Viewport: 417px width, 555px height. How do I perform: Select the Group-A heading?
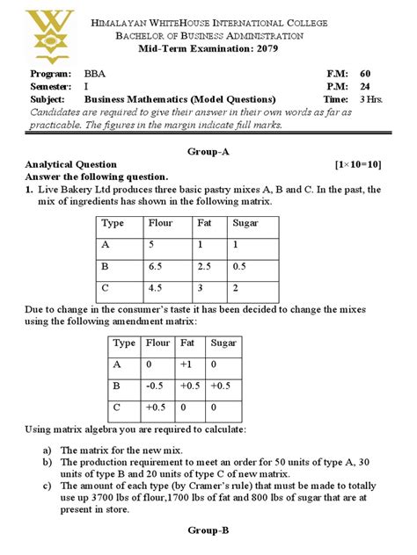tap(208, 151)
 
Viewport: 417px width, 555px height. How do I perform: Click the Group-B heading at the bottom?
tap(208, 530)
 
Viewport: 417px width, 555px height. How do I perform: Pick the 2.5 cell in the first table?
tap(206, 265)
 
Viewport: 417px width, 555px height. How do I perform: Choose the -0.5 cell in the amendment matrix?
tap(155, 385)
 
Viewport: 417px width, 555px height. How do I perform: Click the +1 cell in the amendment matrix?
tap(190, 364)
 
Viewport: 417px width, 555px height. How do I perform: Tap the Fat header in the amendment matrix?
tap(188, 342)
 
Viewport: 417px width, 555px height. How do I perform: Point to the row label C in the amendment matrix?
tap(118, 407)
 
